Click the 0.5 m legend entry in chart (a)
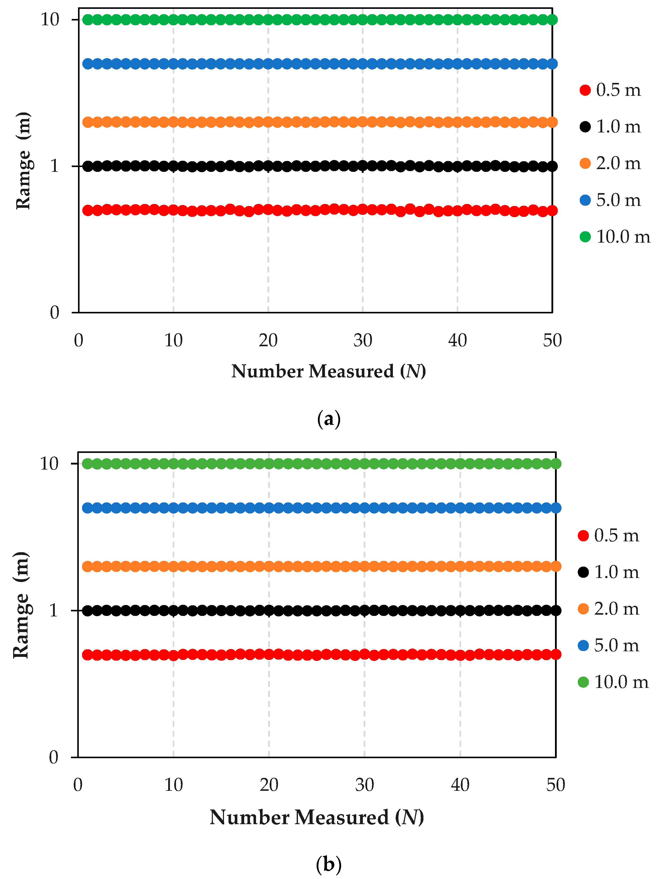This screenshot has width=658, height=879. point(610,90)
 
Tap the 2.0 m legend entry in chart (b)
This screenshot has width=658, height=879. point(608,609)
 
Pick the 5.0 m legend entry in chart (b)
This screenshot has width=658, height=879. point(608,645)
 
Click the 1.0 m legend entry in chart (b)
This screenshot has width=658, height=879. point(608,572)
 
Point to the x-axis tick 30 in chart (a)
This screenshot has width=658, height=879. point(363,340)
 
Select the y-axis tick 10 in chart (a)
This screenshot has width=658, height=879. point(50,19)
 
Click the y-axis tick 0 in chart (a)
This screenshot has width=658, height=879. point(54,313)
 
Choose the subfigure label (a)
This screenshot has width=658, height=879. point(329,419)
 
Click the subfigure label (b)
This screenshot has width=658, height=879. point(329,864)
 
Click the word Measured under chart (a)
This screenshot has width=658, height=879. point(351,372)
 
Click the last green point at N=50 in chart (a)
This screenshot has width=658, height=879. point(552,19)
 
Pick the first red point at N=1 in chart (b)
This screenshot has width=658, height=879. point(87,655)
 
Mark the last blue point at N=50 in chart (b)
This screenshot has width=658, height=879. point(556,507)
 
